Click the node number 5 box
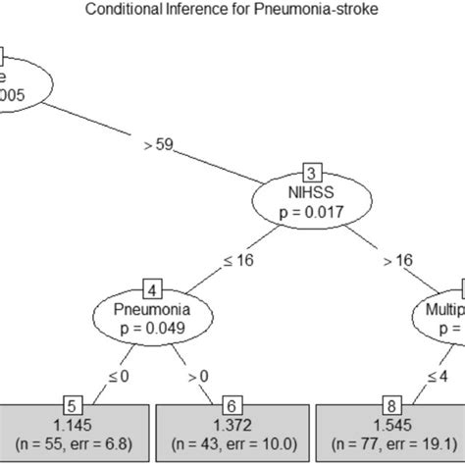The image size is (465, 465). (74, 404)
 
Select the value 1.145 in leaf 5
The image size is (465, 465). (74, 424)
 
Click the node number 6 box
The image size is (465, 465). (232, 404)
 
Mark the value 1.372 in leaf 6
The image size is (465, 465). (232, 424)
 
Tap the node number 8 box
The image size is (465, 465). (390, 404)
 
